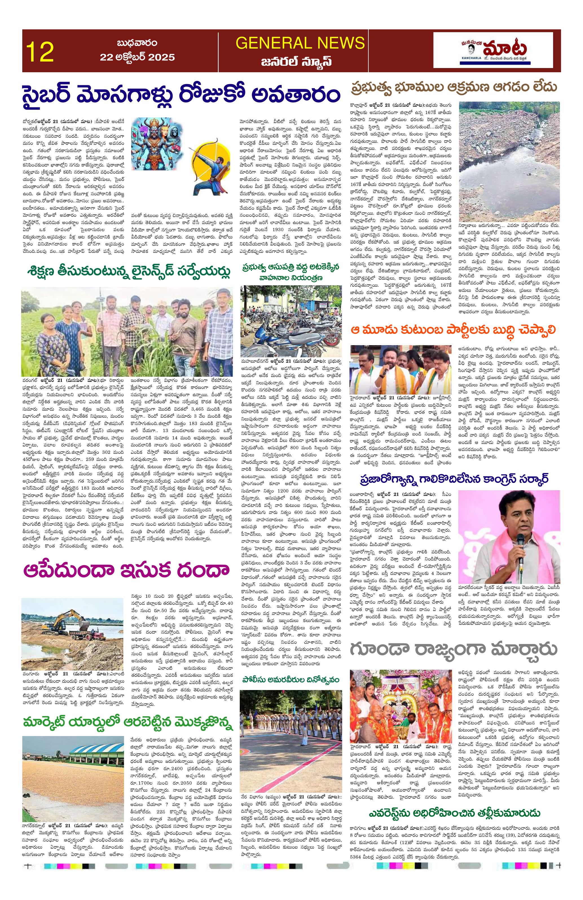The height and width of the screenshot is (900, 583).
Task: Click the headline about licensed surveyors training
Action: (x=128, y=271)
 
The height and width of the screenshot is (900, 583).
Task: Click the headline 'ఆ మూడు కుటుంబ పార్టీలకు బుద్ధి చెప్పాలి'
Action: (x=454, y=329)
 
